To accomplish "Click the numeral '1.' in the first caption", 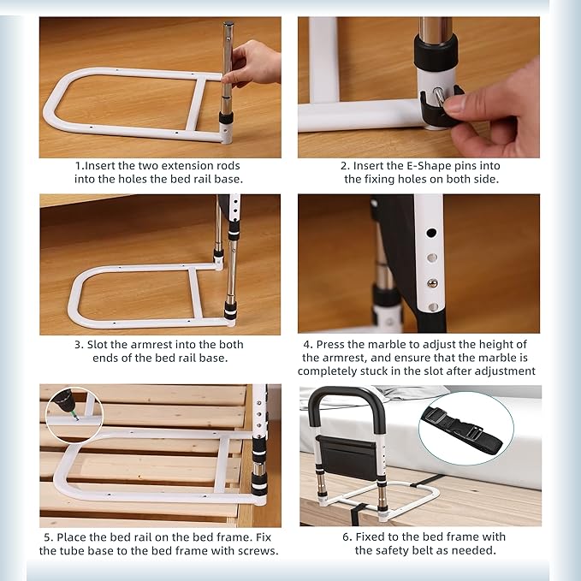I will tap(78, 165).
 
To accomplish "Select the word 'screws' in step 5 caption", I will tap(258, 550).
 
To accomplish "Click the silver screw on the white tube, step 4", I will tap(433, 283).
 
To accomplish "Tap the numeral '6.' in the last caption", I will tap(347, 537).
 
